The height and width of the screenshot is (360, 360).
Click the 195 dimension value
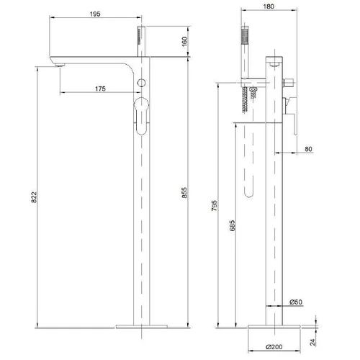coord(95,14)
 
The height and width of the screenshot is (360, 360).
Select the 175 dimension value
coord(100,89)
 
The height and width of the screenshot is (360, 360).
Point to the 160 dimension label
coord(184,42)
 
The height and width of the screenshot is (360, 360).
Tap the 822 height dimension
coord(34,197)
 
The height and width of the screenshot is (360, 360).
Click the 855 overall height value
coord(184,193)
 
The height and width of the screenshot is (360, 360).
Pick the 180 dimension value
coord(269,6)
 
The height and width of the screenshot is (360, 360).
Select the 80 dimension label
coord(308,149)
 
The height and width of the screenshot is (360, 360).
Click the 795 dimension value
coord(214,205)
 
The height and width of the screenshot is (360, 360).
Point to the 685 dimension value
coord(233,225)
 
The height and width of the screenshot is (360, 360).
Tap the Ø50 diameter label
coord(296,302)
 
